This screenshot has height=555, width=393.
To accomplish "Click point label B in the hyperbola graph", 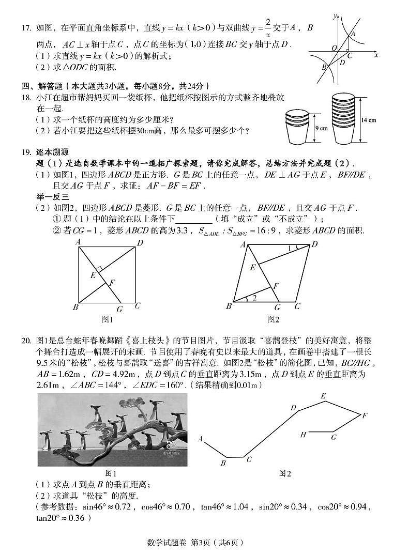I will click(x=324, y=67).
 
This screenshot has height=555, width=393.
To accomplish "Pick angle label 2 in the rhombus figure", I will click(x=254, y=297).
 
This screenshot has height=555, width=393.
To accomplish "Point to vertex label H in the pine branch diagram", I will click(x=304, y=435).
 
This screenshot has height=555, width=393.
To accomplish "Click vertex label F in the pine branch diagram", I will click(x=365, y=415).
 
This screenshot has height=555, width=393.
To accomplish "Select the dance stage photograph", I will click(x=112, y=429).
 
